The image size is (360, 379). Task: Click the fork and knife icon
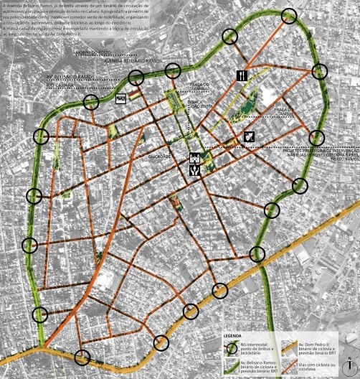(x=242, y=75)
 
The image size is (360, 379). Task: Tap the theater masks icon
(x=249, y=136)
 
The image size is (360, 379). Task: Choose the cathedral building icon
(x=194, y=158)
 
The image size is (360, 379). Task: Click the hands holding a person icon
(x=194, y=171)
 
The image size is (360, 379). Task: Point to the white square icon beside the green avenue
(x=120, y=98)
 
